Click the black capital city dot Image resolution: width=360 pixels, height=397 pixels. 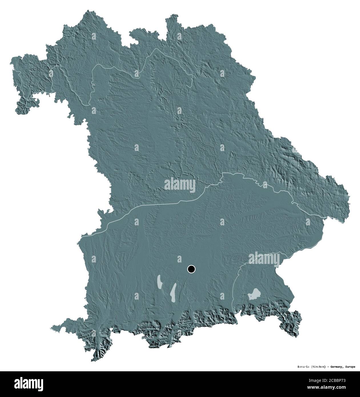point(191,269)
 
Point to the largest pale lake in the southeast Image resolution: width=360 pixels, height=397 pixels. point(254,294)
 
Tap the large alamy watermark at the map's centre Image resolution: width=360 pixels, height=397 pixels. point(180,185)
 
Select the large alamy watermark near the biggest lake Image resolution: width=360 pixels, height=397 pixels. point(264,258)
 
